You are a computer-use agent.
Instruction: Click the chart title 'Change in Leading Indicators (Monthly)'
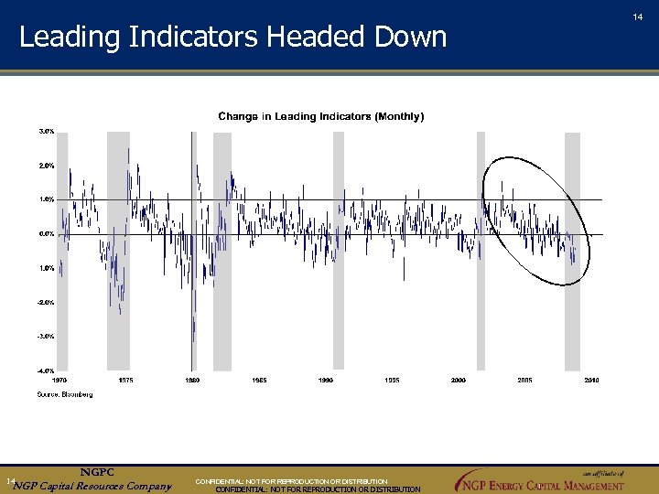[x=320, y=116]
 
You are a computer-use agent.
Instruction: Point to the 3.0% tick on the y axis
[x=47, y=131]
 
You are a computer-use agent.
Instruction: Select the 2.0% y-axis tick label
[x=47, y=166]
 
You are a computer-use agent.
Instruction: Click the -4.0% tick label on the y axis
[x=46, y=370]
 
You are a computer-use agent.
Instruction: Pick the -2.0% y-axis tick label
[x=46, y=302]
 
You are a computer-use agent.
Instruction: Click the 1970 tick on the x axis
[x=59, y=379]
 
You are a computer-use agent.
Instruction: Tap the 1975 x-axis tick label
[x=126, y=379]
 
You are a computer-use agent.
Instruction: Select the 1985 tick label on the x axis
[x=260, y=379]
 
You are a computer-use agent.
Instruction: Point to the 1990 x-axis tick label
[x=326, y=379]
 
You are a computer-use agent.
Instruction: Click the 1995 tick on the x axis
[x=392, y=379]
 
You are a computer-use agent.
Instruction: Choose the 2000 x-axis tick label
[x=459, y=379]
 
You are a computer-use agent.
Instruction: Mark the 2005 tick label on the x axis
[x=525, y=379]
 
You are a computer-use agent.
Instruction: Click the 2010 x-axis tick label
[x=592, y=379]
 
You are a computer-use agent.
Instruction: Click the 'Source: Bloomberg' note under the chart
[x=65, y=394]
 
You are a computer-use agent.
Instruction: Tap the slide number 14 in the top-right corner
[x=638, y=16]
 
